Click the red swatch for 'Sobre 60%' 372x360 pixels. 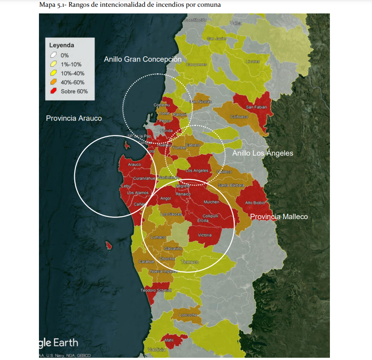click(53, 91)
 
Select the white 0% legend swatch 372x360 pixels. click(53, 55)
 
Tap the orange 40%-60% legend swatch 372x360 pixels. click(53, 82)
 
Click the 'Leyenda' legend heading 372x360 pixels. click(61, 45)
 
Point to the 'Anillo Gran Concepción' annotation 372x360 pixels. click(142, 59)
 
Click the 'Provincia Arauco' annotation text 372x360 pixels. click(74, 119)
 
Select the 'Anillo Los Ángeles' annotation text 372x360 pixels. click(262, 153)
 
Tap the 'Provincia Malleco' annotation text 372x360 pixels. click(279, 217)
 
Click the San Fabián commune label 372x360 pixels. click(256, 107)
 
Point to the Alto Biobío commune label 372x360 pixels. click(255, 203)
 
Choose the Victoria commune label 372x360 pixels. click(204, 235)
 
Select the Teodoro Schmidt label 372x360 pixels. click(156, 291)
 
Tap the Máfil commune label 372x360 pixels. click(169, 340)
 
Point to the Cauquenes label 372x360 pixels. click(196, 64)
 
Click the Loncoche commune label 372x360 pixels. click(188, 315)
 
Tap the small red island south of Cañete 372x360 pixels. click(108, 245)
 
